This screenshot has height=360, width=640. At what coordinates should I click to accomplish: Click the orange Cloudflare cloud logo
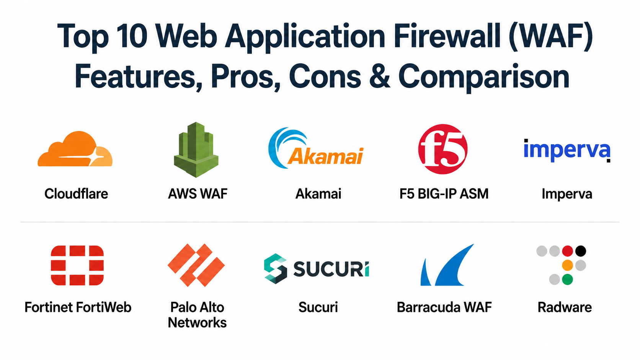(75, 149)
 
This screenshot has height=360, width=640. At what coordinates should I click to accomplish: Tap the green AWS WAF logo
(196, 150)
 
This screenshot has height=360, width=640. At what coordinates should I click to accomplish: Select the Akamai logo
(316, 148)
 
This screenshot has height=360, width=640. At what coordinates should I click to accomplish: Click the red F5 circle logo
(443, 149)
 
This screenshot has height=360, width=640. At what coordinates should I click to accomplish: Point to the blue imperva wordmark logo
(567, 150)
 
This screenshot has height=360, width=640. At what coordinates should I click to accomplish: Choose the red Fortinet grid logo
(77, 265)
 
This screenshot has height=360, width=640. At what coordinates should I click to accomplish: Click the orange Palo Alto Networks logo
(196, 265)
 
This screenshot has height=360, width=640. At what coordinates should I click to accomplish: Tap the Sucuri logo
(317, 268)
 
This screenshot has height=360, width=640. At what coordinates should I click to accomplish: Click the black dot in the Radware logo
(581, 251)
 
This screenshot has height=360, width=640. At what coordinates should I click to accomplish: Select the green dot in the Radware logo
(567, 279)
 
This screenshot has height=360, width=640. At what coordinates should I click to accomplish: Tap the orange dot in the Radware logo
(567, 265)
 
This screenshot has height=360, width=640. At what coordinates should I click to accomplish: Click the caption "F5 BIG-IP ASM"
(444, 194)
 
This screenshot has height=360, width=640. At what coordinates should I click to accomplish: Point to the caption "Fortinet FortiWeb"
(78, 308)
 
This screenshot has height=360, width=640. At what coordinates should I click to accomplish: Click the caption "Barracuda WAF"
(444, 308)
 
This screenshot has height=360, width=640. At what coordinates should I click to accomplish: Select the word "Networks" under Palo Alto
(197, 323)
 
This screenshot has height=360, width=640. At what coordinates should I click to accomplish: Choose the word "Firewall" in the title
(447, 36)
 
